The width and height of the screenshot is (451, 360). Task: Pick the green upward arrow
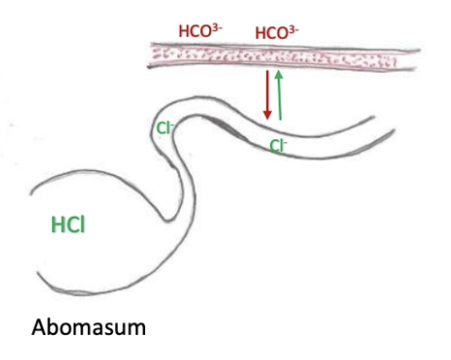coord(280,95)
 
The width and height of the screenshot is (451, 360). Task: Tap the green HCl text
coord(71,225)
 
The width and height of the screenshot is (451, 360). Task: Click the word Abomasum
coord(88,326)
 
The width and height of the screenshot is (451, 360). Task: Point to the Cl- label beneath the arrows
coord(278,146)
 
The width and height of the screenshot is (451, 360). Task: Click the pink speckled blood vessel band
coord(281,57)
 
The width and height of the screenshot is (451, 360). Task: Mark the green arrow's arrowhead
coord(280,75)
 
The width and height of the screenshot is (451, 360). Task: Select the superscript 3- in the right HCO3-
coord(295,29)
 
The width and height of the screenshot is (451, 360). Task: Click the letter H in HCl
coord(57,225)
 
